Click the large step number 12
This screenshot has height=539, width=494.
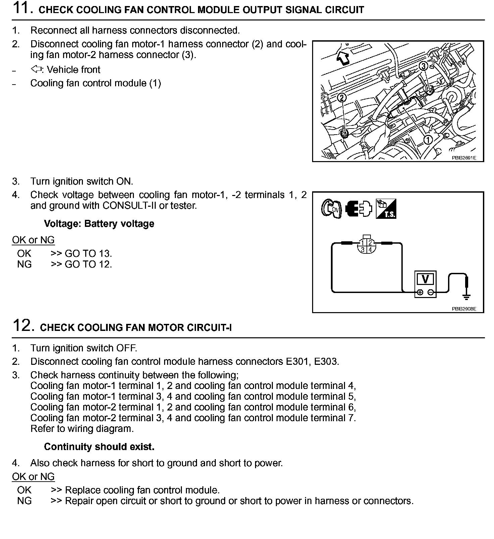[x=23, y=326]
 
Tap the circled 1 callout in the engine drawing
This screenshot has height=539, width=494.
[x=428, y=139]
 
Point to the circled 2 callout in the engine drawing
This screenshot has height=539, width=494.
[x=342, y=98]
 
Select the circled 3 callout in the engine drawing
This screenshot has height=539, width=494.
[x=424, y=66]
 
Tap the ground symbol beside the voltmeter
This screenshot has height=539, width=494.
[x=466, y=295]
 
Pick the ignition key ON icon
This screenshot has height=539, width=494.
[x=331, y=209]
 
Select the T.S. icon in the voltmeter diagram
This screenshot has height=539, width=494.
[x=386, y=209]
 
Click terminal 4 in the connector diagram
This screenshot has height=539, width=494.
[x=370, y=250]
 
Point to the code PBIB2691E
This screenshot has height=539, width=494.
[x=464, y=157]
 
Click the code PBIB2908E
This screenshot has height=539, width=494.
[x=464, y=309]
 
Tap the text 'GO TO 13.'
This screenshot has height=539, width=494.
[x=88, y=253]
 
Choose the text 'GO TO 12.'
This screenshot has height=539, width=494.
[x=88, y=264]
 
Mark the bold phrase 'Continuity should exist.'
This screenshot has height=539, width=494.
[x=99, y=447]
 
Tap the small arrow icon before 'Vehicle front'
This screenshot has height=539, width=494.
[x=36, y=69]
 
